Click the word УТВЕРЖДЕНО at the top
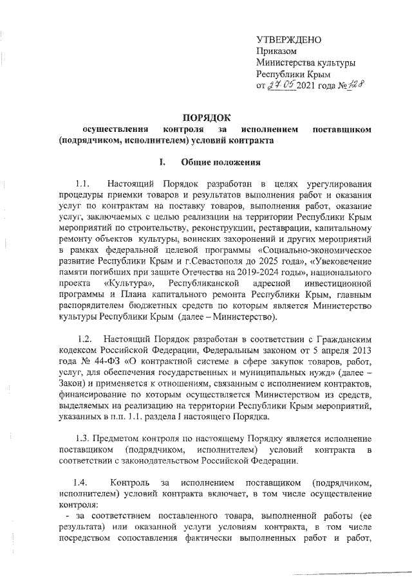click(285, 40)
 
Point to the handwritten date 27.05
click(281, 86)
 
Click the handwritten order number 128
click(351, 85)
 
